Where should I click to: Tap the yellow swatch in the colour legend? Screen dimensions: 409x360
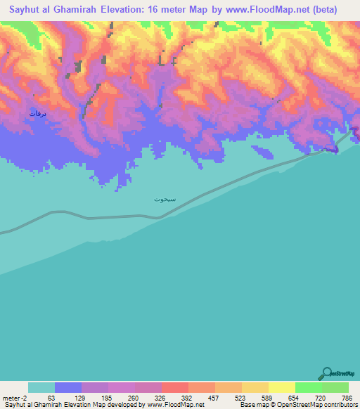pyautogui.click(x=281, y=387)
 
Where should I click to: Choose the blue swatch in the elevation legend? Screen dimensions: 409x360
pyautogui.click(x=68, y=387)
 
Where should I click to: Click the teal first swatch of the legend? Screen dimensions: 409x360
pyautogui.click(x=41, y=387)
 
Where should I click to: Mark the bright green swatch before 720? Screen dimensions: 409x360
pyautogui.click(x=308, y=387)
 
